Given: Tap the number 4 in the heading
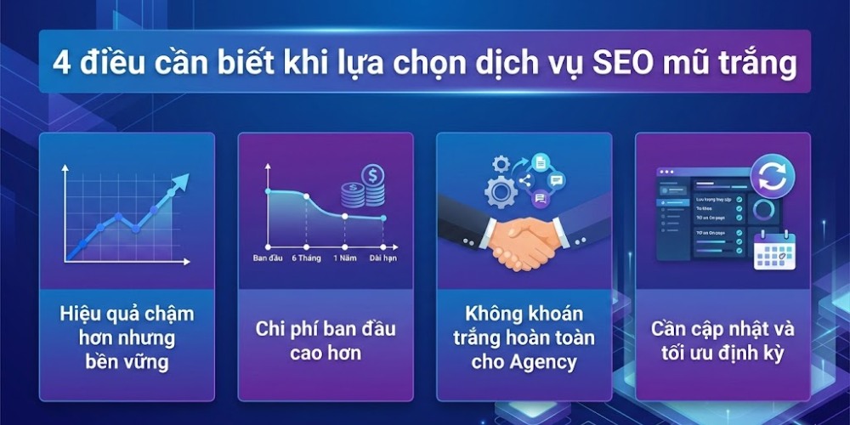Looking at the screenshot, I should pyautogui.click(x=61, y=65).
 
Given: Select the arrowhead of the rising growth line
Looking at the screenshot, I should pyautogui.click(x=180, y=183).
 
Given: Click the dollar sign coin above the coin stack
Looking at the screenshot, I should pyautogui.click(x=372, y=175).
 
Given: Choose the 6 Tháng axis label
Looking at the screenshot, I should pyautogui.click(x=306, y=258).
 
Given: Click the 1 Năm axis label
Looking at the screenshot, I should pyautogui.click(x=344, y=258).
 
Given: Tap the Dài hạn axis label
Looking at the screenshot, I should pyautogui.click(x=383, y=258).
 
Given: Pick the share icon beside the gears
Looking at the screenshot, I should pyautogui.click(x=524, y=179).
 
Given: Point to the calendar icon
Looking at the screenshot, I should pyautogui.click(x=773, y=250).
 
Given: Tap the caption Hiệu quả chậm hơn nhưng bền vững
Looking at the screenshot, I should pyautogui.click(x=127, y=337).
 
